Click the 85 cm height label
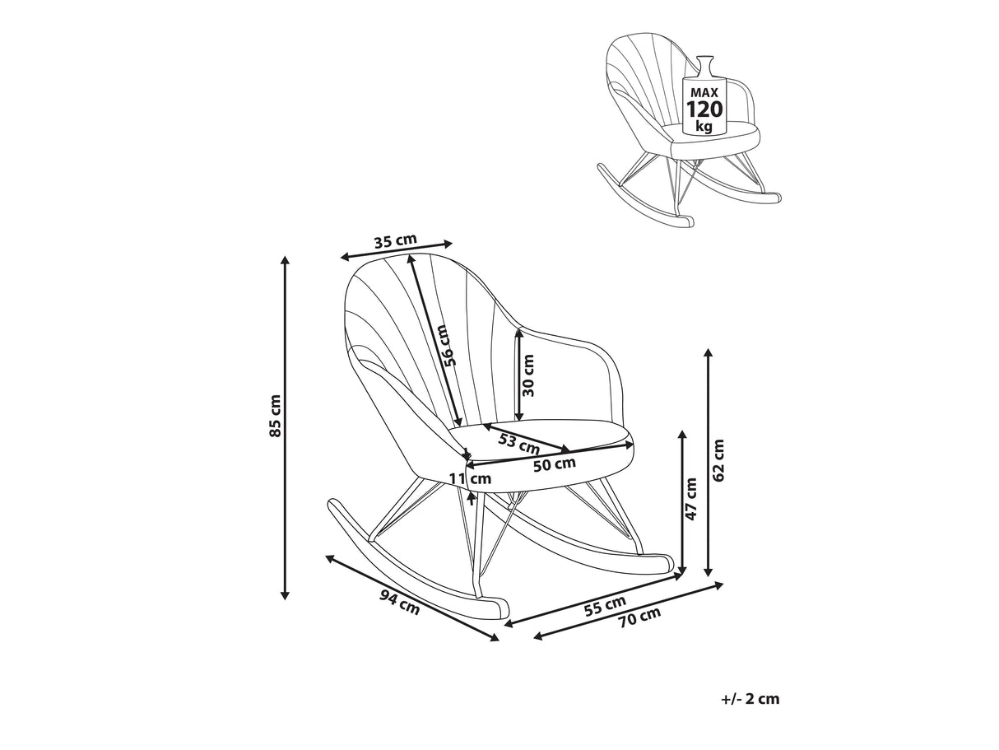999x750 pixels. pos(276,416)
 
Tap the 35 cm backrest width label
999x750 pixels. pos(395,241)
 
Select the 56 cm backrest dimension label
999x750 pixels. pos(444,345)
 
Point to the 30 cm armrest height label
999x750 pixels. pos(528,375)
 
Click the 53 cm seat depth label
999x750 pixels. pos(518,444)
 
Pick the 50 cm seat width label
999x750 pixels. pos(554,464)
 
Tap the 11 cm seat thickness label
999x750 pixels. pos(471,478)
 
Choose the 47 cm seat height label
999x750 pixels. pos(691,500)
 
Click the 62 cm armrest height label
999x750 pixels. pos(718,460)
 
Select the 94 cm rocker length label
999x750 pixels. pos(399,603)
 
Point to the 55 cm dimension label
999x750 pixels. pos(605,605)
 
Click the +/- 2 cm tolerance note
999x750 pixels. pos(750,700)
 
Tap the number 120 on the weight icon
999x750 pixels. pos(704,109)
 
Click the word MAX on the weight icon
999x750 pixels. pos(704,92)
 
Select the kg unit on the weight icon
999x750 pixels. pos(704,126)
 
